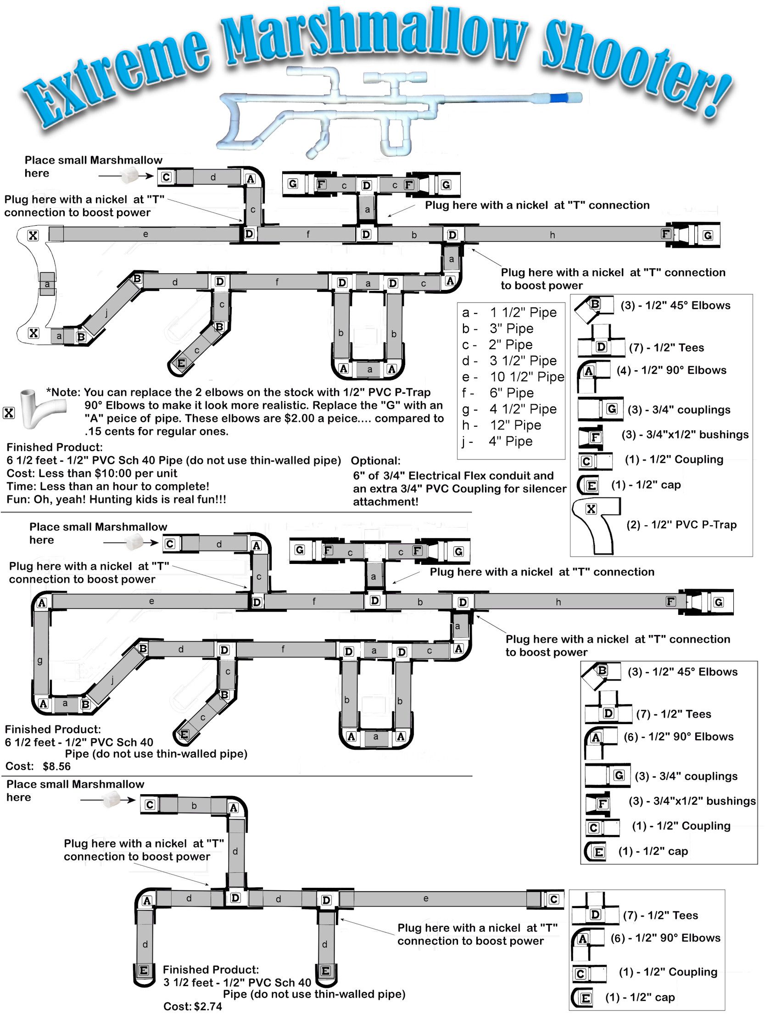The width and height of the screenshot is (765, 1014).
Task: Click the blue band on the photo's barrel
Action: [x=558, y=97]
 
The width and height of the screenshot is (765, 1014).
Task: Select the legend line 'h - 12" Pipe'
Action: [x=502, y=425]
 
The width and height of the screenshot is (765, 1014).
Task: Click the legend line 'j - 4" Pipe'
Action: [x=498, y=441]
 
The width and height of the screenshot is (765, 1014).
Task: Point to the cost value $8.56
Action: [x=57, y=766]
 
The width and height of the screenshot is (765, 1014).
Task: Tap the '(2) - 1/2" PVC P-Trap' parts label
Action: [x=681, y=524]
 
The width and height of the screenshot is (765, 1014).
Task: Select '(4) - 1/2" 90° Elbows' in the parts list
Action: [x=671, y=370]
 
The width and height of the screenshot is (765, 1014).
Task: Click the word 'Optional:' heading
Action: [x=375, y=461]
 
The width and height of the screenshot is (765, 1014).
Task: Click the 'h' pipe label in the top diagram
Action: [x=553, y=235]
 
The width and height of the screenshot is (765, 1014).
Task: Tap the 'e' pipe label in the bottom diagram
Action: [x=426, y=898]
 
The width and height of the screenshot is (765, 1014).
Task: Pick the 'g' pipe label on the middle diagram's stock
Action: [x=40, y=660]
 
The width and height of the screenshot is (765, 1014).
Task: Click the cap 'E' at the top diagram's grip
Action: [x=181, y=363]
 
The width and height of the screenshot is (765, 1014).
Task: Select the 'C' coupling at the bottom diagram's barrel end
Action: [x=554, y=899]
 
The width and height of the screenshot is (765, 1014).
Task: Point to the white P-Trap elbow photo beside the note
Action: [x=39, y=408]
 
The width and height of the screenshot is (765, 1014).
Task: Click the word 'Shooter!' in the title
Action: [x=638, y=69]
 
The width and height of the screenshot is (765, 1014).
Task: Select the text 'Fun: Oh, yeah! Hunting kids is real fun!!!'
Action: [x=116, y=499]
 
